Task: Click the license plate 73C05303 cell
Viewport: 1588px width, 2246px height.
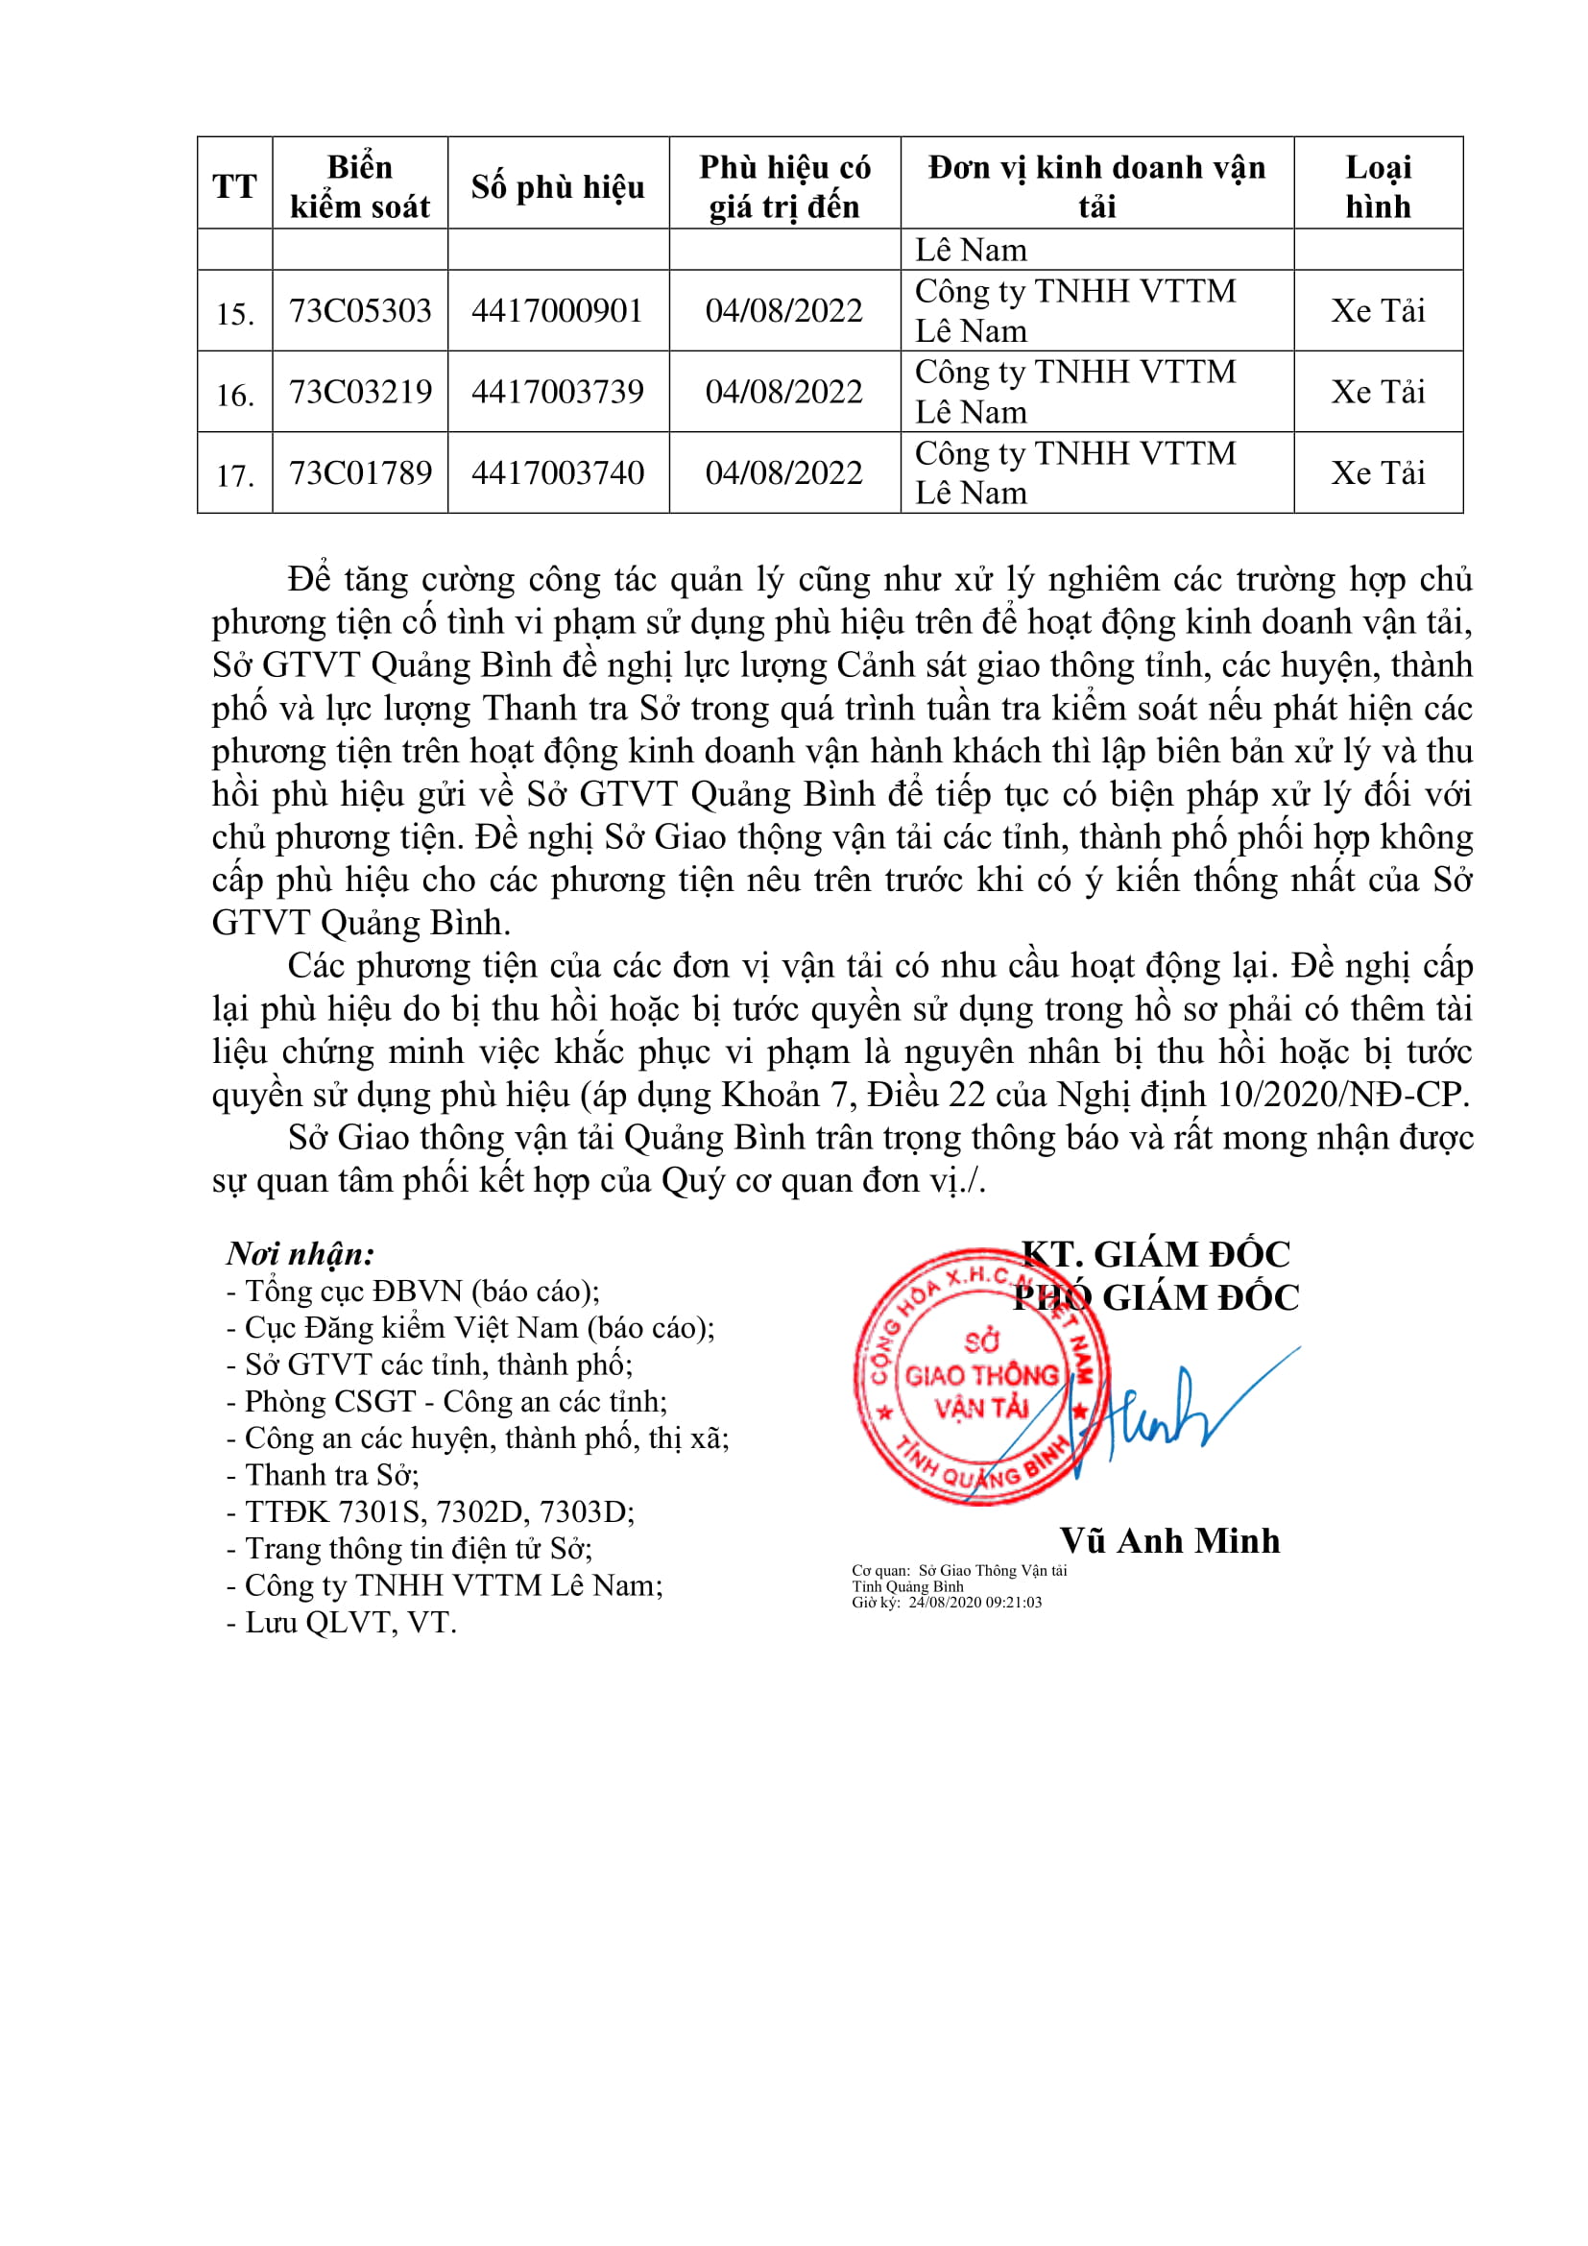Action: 360,311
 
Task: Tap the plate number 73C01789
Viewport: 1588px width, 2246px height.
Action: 360,473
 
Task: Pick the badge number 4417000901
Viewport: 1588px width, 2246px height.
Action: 558,311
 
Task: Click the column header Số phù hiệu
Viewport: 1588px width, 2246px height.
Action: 558,186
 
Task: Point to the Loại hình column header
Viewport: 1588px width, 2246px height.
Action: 1378,186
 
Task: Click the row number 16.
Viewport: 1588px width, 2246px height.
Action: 234,396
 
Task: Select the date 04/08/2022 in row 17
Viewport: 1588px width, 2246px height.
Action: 784,473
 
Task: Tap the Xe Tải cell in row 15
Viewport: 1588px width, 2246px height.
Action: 1378,311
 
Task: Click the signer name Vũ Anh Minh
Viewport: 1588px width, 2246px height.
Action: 1169,1540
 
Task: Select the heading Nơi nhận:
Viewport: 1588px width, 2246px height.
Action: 301,1254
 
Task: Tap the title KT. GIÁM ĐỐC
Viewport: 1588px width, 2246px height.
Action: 1156,1254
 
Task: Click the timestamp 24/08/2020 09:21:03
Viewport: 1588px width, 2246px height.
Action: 974,1603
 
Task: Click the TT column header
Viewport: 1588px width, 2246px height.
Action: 234,186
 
